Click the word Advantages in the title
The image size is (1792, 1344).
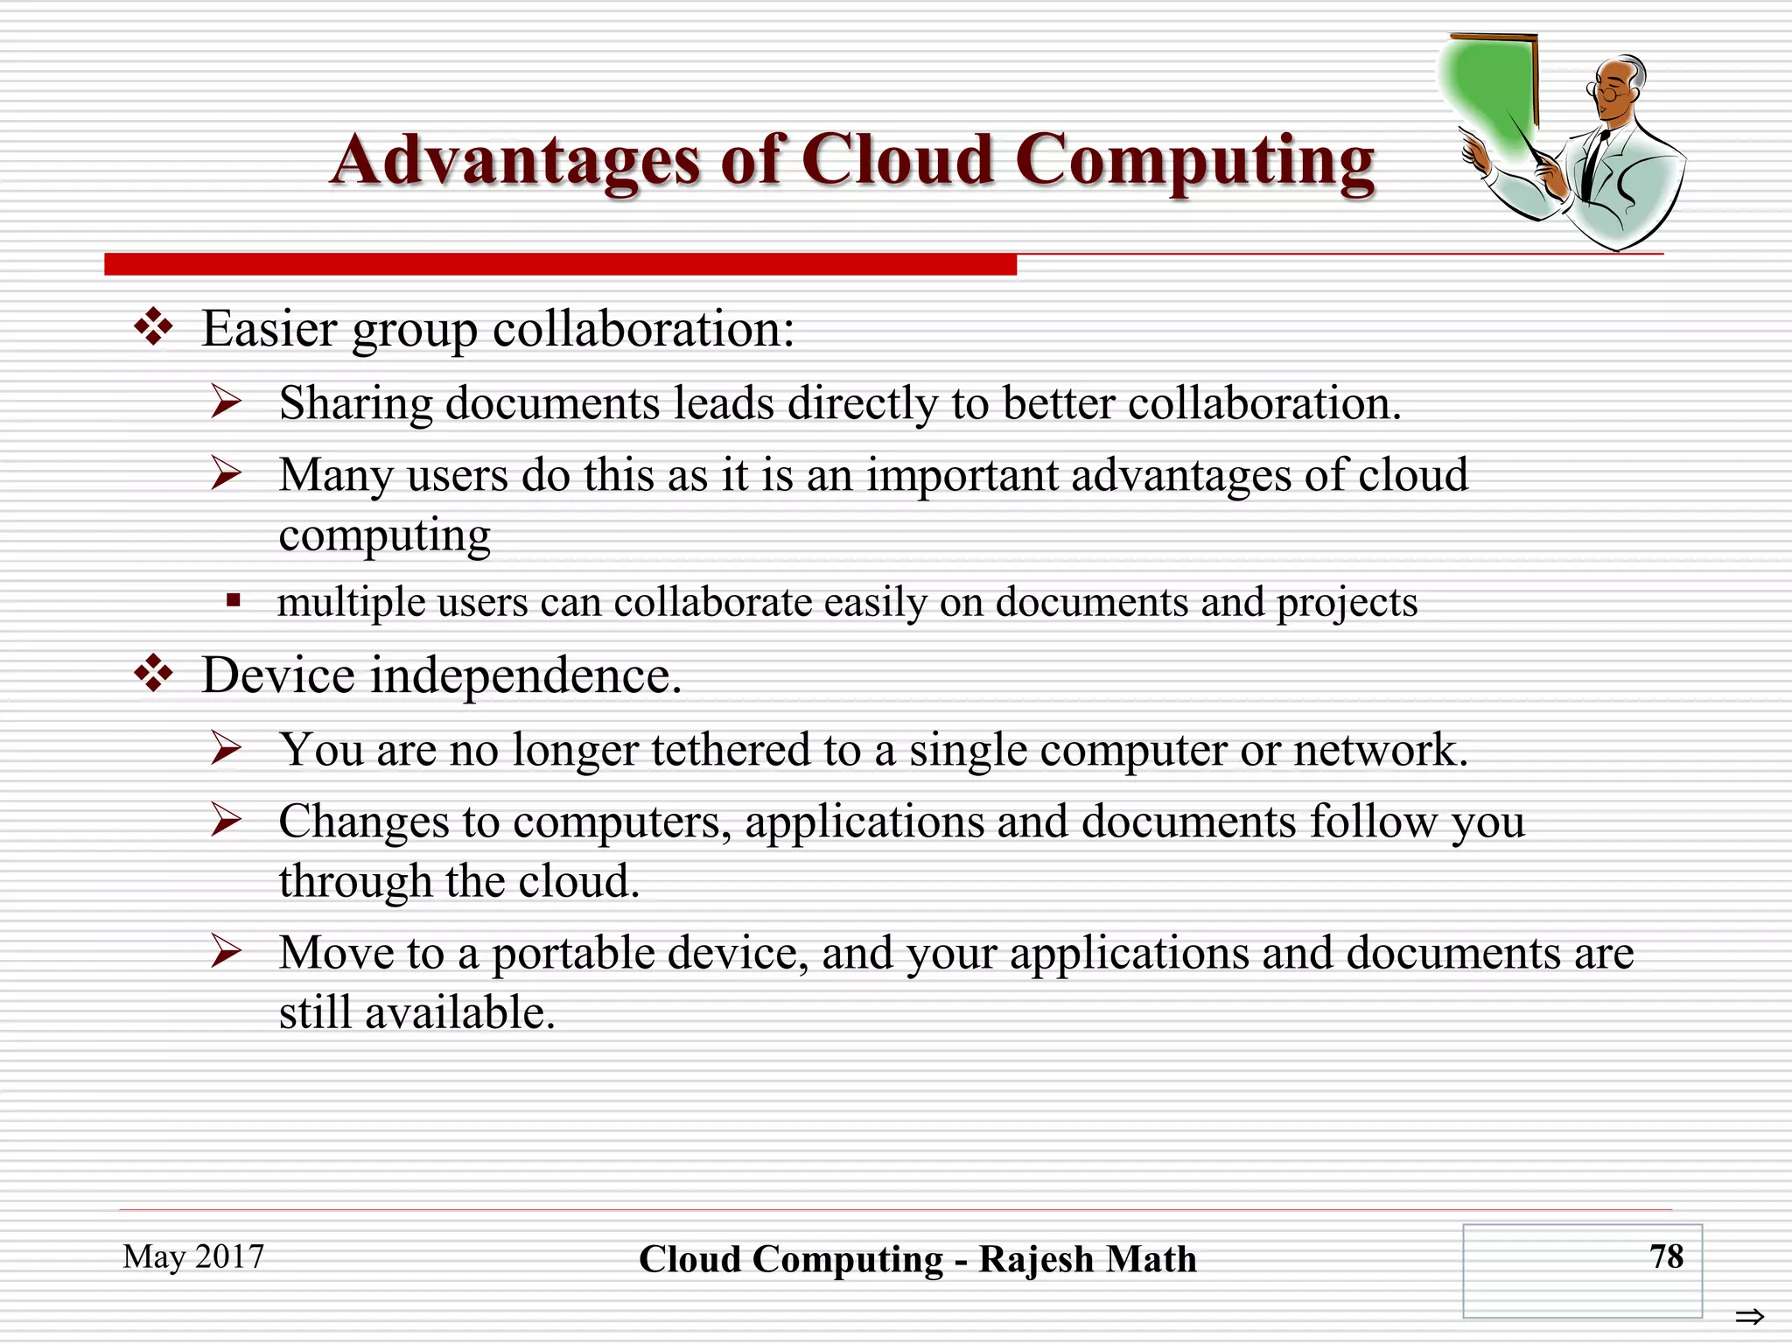pos(515,162)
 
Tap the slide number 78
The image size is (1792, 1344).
pos(1666,1256)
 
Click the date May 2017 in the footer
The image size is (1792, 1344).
pos(193,1256)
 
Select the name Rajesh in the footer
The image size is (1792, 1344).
pos(1036,1260)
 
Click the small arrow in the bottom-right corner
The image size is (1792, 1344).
pos(1750,1316)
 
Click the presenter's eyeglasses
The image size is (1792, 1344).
pos(1606,90)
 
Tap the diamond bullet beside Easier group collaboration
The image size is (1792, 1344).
pos(154,327)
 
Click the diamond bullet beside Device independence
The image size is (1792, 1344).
pos(154,674)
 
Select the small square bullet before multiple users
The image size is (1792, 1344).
pos(233,600)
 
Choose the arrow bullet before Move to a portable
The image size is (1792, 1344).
pos(227,951)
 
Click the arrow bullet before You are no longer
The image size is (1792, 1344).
pos(227,748)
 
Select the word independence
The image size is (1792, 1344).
pos(525,675)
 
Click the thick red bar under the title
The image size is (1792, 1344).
pos(560,263)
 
